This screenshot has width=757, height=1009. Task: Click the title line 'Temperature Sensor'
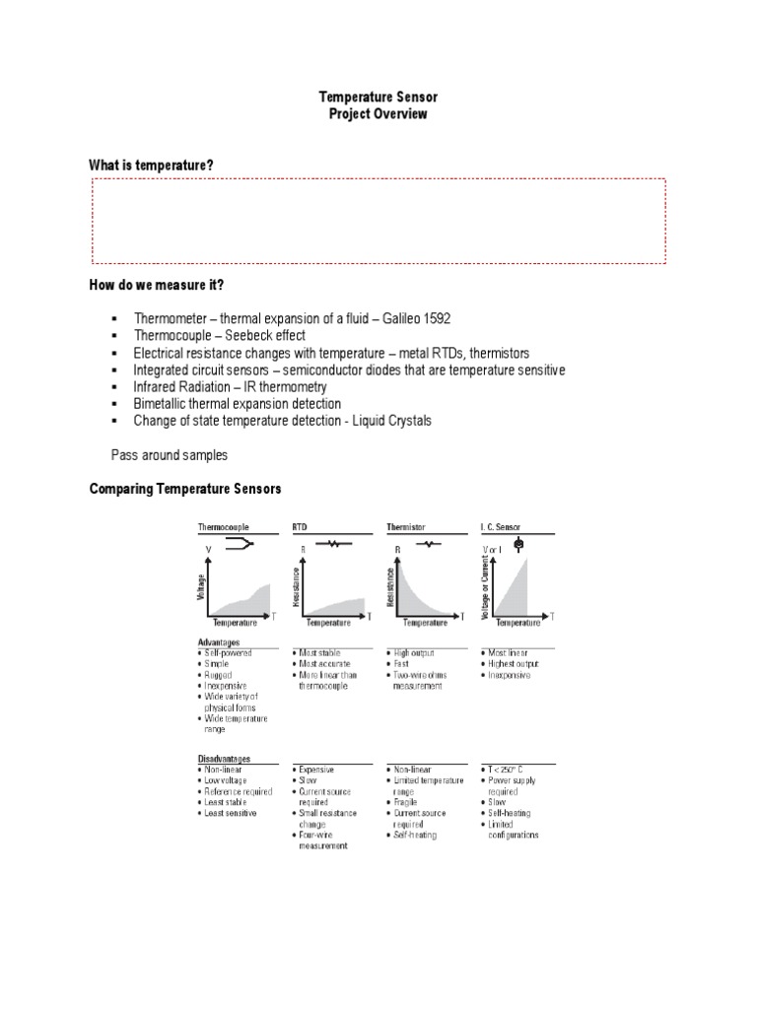click(378, 98)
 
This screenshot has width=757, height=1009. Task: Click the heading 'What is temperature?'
click(152, 165)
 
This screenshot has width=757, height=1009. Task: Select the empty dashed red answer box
click(378, 221)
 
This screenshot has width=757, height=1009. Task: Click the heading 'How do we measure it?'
click(157, 285)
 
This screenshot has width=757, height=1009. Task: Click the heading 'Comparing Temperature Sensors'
click(185, 489)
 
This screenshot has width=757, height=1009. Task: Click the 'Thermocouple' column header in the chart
click(225, 527)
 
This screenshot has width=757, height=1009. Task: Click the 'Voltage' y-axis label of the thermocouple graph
click(203, 588)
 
